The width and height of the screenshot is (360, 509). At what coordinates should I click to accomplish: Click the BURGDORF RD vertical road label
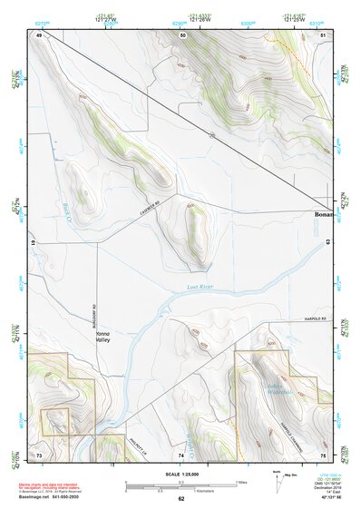94,312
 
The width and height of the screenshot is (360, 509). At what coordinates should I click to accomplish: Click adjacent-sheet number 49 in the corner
40,34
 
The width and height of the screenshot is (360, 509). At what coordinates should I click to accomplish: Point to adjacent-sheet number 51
323,34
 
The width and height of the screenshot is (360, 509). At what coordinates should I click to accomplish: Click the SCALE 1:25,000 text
181,475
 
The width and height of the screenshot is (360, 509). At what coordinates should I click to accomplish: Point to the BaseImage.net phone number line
56,497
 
